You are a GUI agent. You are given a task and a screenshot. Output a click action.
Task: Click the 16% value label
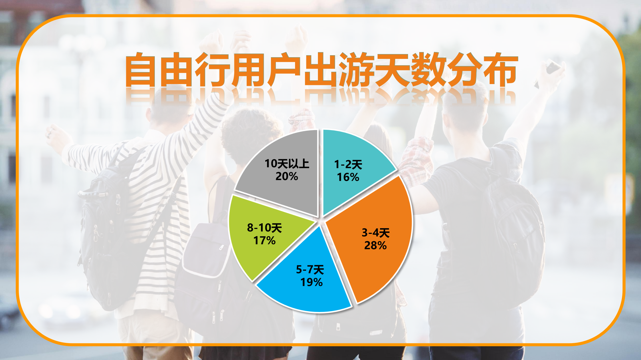(348, 177)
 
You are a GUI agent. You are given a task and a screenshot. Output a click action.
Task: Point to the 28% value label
(375, 245)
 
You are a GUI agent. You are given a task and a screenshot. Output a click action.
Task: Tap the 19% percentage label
(311, 282)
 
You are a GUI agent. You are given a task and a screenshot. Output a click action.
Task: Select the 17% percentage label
(264, 240)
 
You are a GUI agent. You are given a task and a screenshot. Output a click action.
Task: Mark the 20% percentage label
(287, 176)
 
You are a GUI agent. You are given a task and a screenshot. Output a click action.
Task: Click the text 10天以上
(287, 164)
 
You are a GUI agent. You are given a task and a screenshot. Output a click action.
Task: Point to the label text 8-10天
(264, 228)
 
